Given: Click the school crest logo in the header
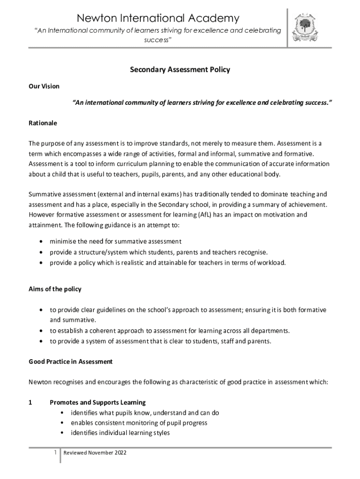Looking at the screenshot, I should (304, 29).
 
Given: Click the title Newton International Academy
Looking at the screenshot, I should (158, 18).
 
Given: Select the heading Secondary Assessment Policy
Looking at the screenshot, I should (180, 70).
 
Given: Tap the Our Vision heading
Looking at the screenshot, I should (44, 87).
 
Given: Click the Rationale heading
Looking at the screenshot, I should (43, 123).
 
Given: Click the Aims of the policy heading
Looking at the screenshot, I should (55, 289).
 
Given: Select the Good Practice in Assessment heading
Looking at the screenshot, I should (70, 362).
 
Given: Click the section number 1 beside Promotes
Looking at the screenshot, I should (30, 402).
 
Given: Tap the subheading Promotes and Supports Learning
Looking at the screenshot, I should (97, 402).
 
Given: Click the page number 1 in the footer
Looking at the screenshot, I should (55, 453).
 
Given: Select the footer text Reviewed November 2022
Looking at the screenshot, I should (95, 453).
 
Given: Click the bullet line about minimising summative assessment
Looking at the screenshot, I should (115, 241).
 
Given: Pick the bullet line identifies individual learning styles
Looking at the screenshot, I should (120, 433).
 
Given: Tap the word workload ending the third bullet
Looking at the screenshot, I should (271, 262).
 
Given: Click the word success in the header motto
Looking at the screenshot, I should (157, 40).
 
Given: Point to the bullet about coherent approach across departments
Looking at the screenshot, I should (170, 331).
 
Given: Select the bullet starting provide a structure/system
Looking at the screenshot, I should (159, 252).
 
